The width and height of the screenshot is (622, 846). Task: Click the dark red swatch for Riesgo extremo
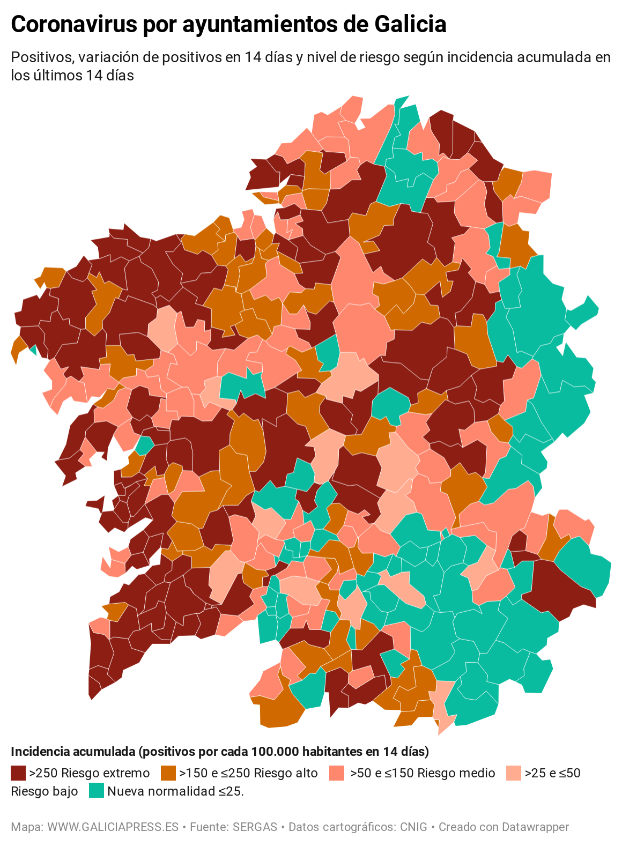pyautogui.click(x=18, y=773)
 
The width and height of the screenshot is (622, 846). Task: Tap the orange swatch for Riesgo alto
pyautogui.click(x=168, y=773)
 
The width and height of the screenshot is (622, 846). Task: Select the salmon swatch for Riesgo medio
pyautogui.click(x=337, y=773)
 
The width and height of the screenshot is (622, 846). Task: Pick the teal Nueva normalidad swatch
pyautogui.click(x=97, y=791)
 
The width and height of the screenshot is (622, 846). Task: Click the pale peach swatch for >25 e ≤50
pyautogui.click(x=514, y=773)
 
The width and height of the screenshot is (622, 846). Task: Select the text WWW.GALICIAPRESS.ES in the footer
pyautogui.click(x=113, y=827)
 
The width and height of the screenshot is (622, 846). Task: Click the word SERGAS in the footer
pyautogui.click(x=255, y=827)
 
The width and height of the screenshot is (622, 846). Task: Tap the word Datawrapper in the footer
pyautogui.click(x=536, y=827)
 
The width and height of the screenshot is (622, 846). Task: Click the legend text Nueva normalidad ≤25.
pyautogui.click(x=175, y=791)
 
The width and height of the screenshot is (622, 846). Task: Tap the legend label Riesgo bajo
pyautogui.click(x=44, y=791)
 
